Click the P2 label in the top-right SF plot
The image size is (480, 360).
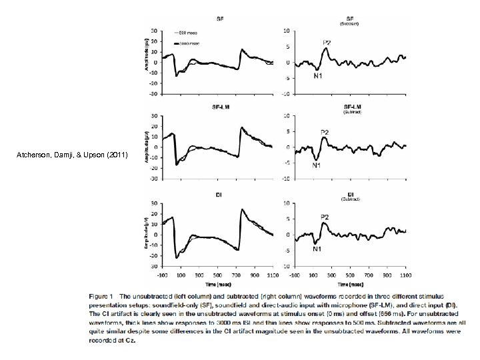click(327, 43)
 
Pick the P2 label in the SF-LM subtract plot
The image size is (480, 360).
click(325, 132)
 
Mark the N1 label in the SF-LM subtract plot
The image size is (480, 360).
click(317, 165)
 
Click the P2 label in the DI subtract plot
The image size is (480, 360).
click(324, 217)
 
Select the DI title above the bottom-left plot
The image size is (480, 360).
click(219, 195)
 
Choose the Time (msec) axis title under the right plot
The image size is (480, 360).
click(347, 283)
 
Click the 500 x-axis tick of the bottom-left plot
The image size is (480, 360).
click(219, 274)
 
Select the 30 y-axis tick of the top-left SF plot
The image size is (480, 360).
click(155, 31)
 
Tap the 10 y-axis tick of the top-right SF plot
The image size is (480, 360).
click(286, 31)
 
